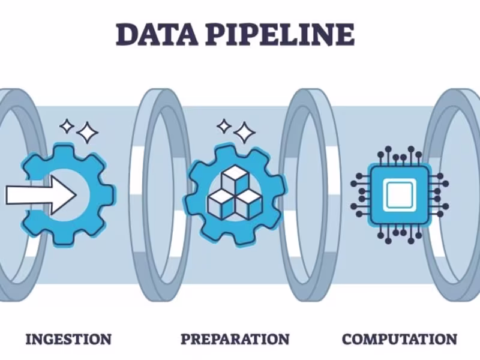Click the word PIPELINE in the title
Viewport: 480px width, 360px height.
tap(281, 35)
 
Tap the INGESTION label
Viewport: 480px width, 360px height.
tap(68, 339)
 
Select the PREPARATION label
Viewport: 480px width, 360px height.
tap(235, 339)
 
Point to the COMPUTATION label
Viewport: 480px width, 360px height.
tap(400, 339)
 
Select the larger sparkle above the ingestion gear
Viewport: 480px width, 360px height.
tap(88, 133)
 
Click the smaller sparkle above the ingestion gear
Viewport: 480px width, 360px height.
tap(67, 126)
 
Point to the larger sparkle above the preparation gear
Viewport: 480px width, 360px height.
tap(244, 132)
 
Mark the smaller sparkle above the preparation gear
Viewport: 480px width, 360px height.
tap(224, 126)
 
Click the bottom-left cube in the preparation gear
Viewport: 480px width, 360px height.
tap(220, 202)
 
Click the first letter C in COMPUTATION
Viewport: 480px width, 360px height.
tap(347, 339)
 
